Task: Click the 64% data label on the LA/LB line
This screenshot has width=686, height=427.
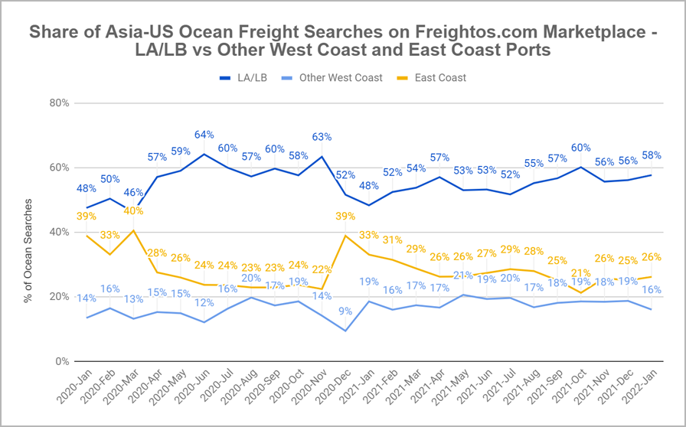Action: click(204, 135)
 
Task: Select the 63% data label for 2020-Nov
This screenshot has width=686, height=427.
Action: click(321, 138)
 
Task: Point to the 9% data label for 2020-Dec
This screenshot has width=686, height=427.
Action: click(346, 311)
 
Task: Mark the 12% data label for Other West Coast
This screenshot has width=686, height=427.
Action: click(204, 303)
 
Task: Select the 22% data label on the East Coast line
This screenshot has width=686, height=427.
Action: click(321, 269)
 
